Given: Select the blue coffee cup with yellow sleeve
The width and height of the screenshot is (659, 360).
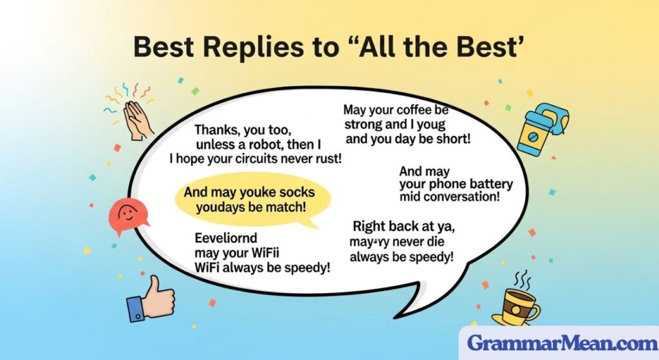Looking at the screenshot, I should [539, 129].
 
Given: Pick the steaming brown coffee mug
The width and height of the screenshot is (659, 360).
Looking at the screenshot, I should [520, 303].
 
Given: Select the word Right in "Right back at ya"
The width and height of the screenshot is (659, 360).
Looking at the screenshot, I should [370, 226].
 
